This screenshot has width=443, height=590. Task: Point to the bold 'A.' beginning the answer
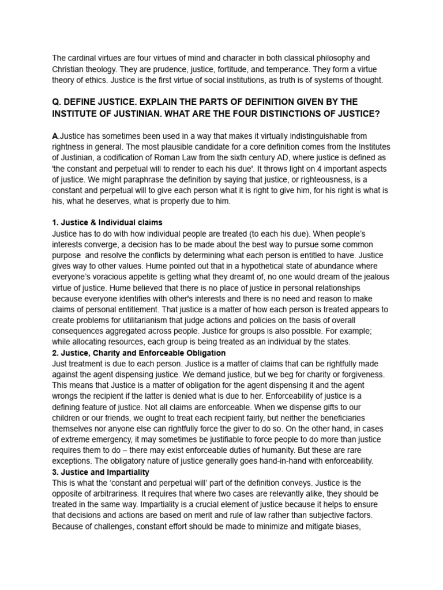click(55, 136)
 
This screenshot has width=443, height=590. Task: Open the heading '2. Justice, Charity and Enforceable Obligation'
click(139, 353)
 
